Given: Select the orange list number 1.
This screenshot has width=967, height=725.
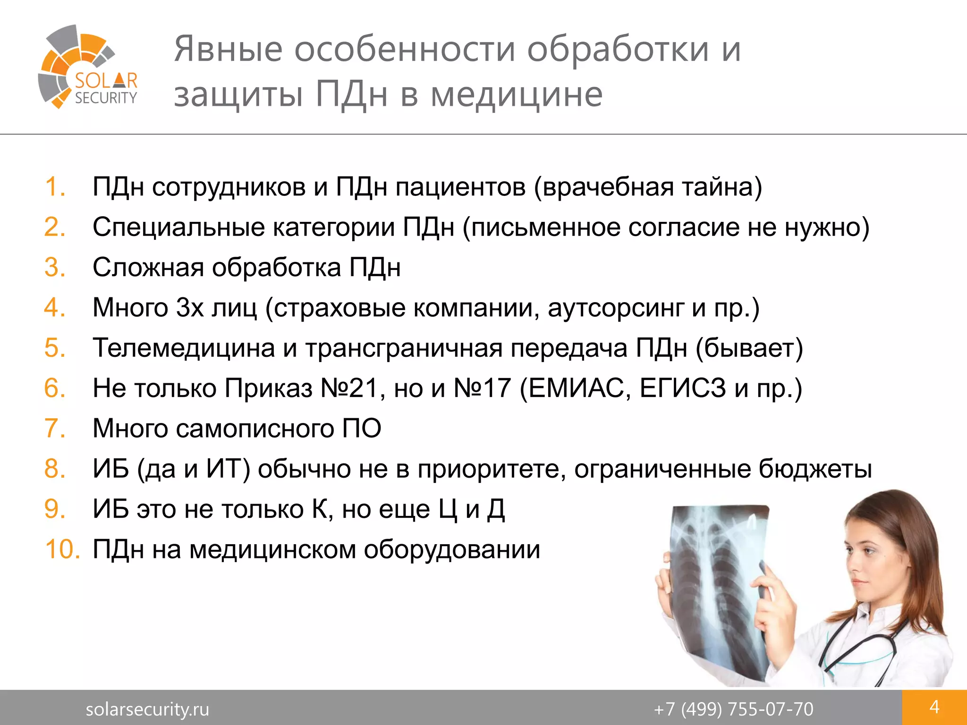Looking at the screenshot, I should coord(55,186).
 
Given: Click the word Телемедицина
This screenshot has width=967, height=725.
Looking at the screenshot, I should coord(184,348).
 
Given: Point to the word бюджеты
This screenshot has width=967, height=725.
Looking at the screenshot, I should coord(815,469).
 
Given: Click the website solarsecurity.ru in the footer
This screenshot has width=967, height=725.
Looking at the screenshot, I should coord(147,709).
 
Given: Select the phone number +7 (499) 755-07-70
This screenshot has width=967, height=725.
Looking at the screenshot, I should coord(733,709).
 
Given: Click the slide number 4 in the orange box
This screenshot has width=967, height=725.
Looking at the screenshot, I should coord(934,707).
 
